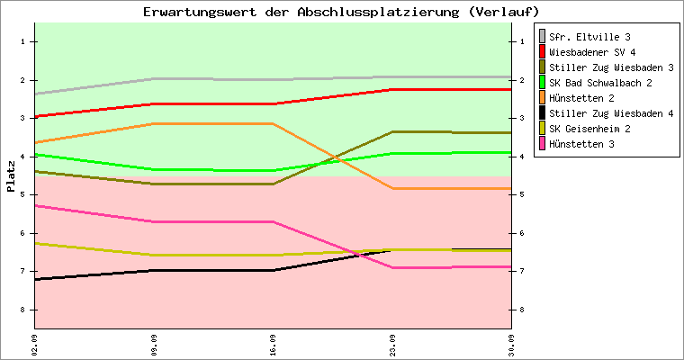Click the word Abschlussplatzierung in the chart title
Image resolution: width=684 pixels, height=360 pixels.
click(x=378, y=12)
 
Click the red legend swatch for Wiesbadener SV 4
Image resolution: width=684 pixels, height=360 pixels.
click(x=542, y=51)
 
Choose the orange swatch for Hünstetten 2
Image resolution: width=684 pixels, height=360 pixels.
click(x=542, y=97)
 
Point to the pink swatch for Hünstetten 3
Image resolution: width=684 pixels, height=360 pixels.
click(x=542, y=143)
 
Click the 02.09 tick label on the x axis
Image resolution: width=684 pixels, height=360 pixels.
click(x=34, y=346)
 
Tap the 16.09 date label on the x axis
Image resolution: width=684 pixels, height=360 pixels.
click(x=273, y=346)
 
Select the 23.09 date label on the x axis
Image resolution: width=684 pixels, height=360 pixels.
click(x=392, y=346)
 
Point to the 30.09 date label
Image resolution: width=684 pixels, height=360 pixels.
click(x=512, y=346)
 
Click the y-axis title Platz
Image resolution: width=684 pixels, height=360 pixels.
click(x=11, y=176)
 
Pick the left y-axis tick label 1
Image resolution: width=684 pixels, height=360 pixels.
click(x=22, y=42)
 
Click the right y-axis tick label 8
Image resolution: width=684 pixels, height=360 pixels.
click(x=522, y=310)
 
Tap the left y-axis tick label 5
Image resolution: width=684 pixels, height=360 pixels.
click(x=22, y=194)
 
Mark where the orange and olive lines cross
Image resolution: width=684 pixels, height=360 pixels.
click(x=335, y=157)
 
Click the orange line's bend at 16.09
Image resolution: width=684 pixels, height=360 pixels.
click(x=273, y=124)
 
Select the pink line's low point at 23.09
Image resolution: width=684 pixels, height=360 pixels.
click(x=392, y=267)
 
